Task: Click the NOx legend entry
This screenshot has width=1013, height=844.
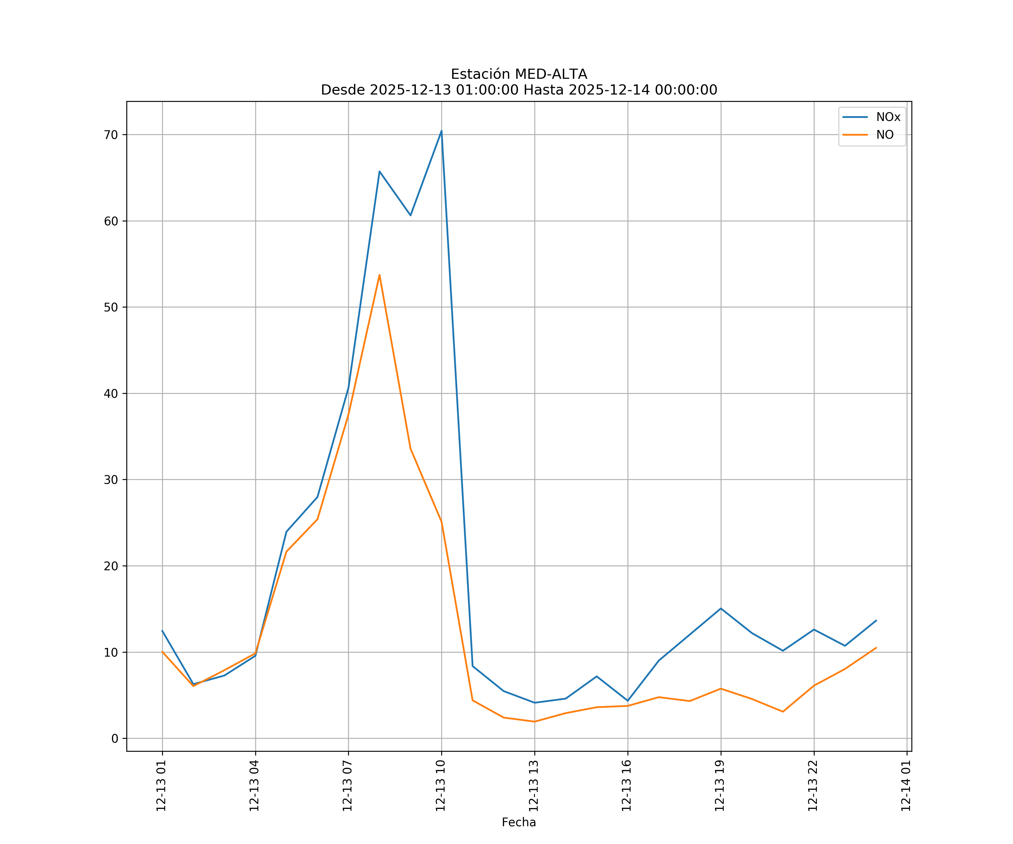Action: point(888,117)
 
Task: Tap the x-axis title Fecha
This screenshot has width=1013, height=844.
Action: point(519,822)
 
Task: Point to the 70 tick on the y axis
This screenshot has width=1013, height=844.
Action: point(111,135)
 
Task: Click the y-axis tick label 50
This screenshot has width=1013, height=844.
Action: point(111,308)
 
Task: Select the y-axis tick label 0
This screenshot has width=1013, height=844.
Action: point(115,738)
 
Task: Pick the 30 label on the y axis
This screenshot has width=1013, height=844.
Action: point(111,480)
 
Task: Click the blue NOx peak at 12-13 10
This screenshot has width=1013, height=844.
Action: point(441,131)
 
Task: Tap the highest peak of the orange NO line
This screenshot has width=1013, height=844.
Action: point(380,275)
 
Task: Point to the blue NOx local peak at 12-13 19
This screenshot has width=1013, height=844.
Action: point(721,609)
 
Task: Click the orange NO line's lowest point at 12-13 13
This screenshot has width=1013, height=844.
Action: point(534,722)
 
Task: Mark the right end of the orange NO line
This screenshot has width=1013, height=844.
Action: point(876,648)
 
